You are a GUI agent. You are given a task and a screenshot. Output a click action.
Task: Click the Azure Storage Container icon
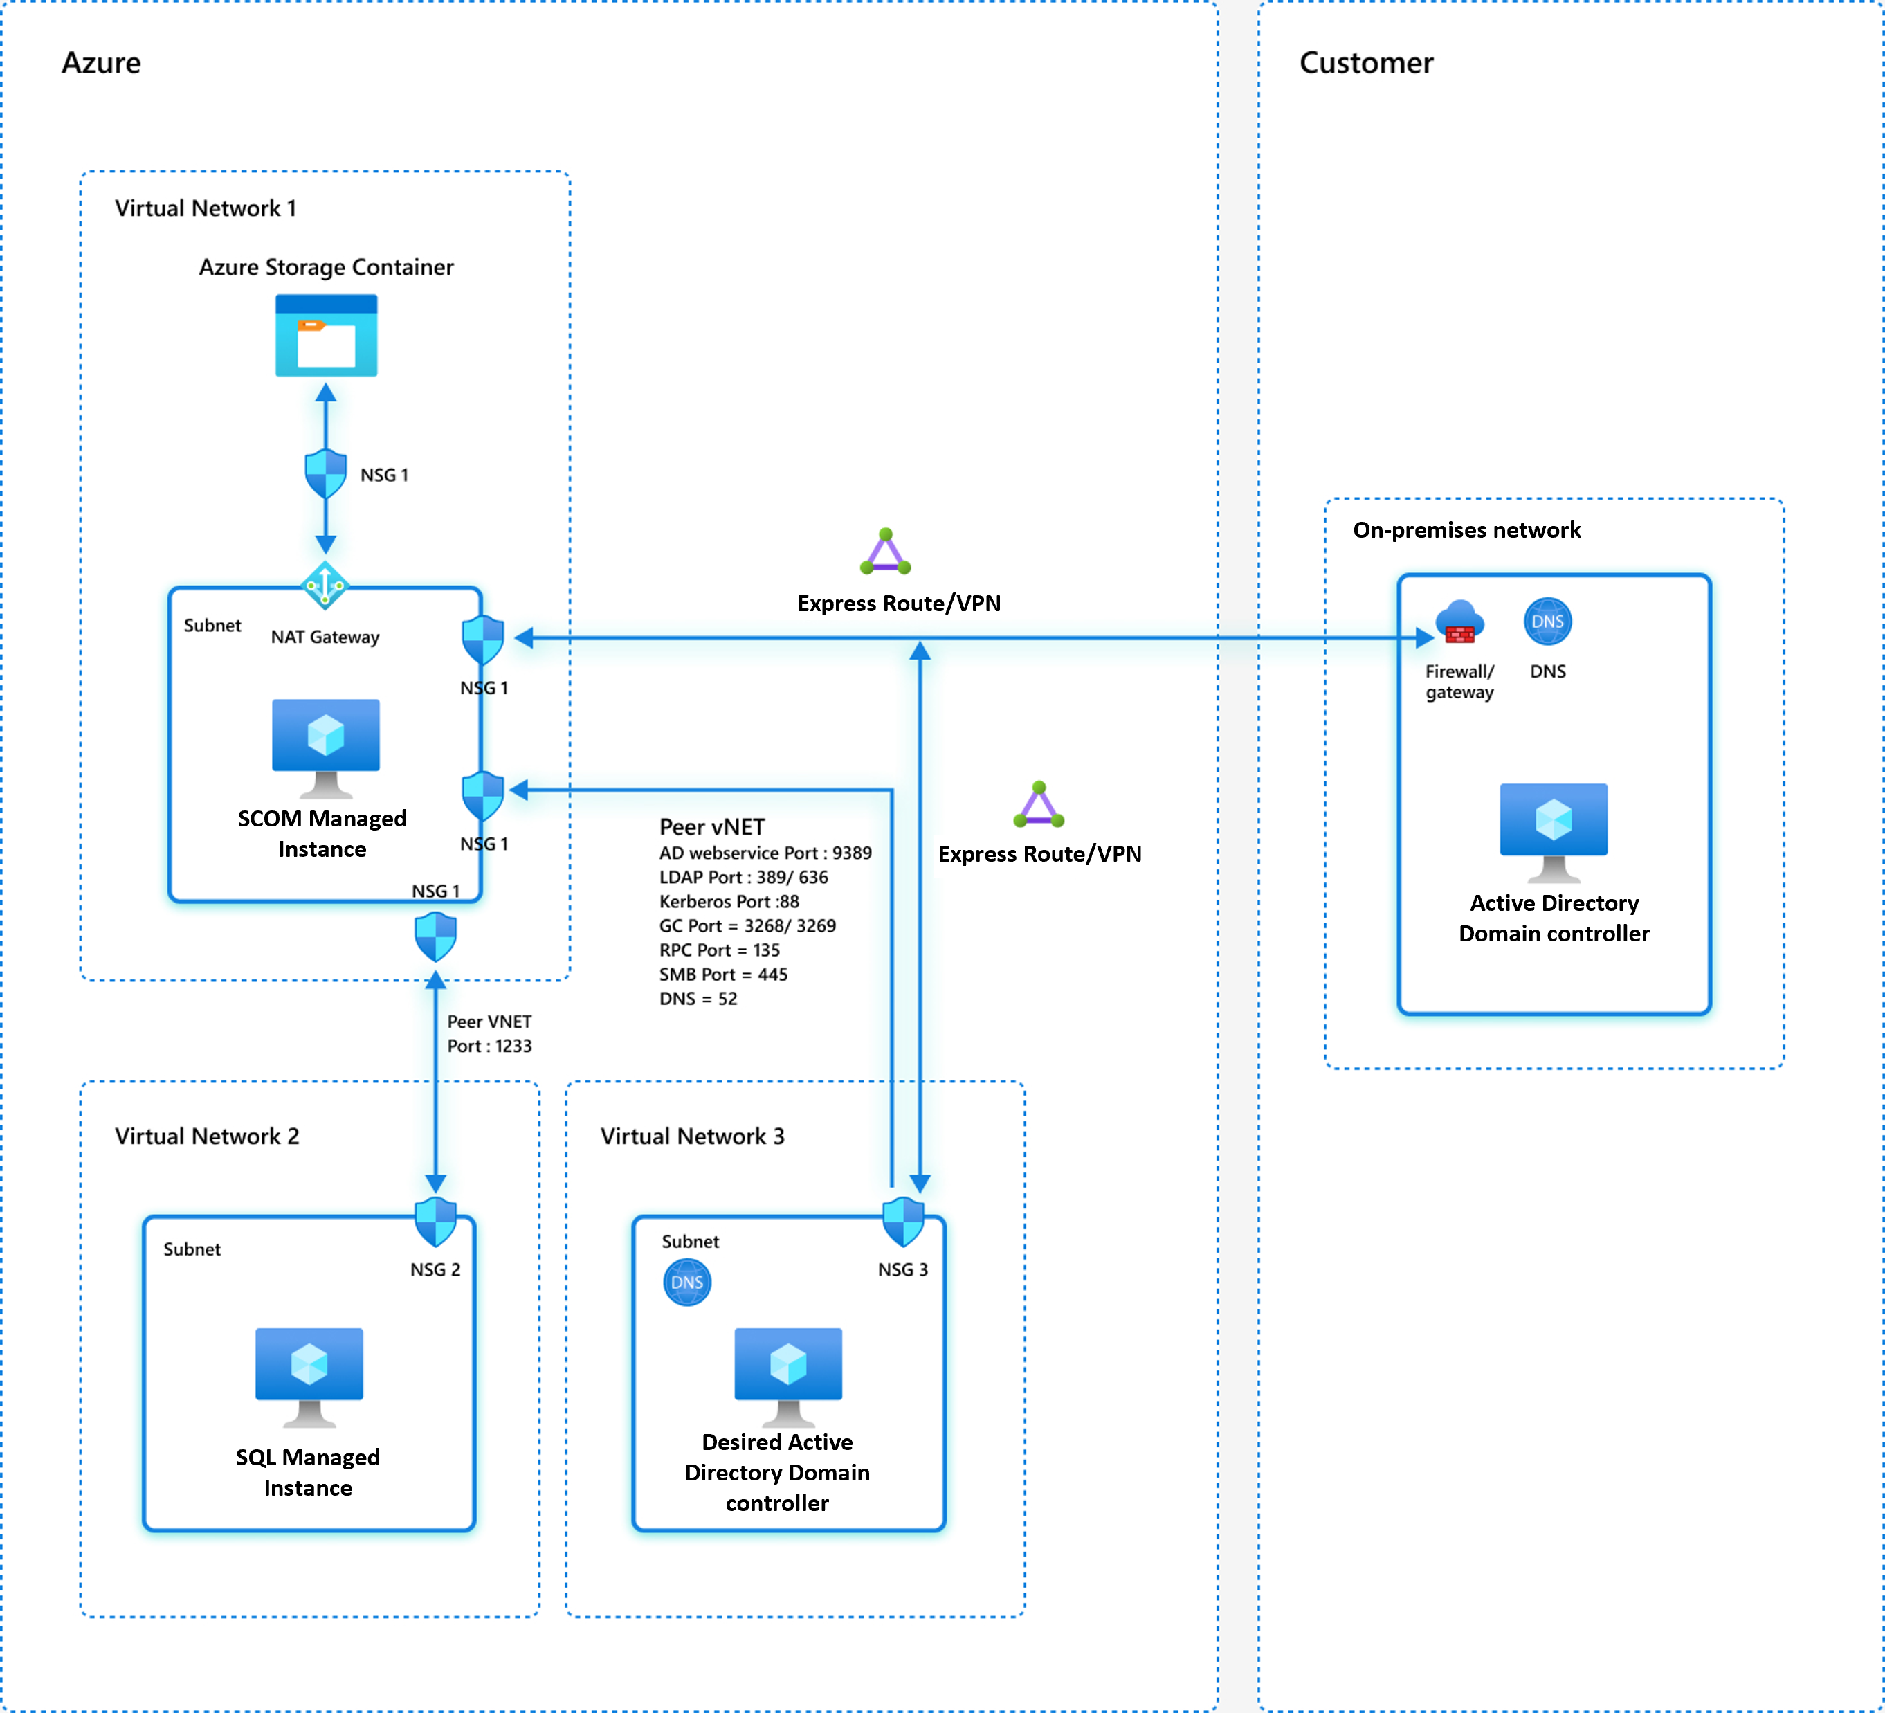tap(327, 336)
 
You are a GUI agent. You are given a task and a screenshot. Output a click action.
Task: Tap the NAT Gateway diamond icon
tap(325, 586)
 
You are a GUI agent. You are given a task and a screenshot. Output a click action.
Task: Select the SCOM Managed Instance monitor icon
tap(325, 745)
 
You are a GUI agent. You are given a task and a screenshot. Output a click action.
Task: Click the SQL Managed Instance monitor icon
tap(309, 1375)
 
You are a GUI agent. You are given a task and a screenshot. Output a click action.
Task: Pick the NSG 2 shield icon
tap(436, 1220)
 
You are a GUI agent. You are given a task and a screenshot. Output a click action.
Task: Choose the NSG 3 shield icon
tap(903, 1220)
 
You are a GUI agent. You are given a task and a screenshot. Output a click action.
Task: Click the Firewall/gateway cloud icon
tap(1459, 622)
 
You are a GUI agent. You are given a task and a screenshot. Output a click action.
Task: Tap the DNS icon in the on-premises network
tap(1547, 622)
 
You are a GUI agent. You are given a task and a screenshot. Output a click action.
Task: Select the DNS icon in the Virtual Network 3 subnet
tap(687, 1282)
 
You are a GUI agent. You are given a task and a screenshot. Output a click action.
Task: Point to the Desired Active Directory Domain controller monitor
tap(788, 1375)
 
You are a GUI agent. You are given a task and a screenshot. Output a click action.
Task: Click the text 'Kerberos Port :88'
tap(729, 901)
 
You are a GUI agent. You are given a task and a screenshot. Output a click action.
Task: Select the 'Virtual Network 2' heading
tap(207, 1136)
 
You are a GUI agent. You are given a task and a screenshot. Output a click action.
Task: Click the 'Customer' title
tap(1365, 63)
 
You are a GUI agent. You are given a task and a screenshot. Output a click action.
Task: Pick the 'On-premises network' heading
tap(1466, 530)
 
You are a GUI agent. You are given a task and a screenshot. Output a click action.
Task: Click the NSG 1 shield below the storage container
tap(325, 473)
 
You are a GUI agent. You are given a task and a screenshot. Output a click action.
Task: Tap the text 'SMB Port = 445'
tap(724, 975)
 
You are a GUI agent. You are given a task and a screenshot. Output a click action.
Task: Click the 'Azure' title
tap(101, 63)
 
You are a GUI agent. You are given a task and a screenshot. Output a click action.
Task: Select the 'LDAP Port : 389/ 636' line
tap(743, 877)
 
